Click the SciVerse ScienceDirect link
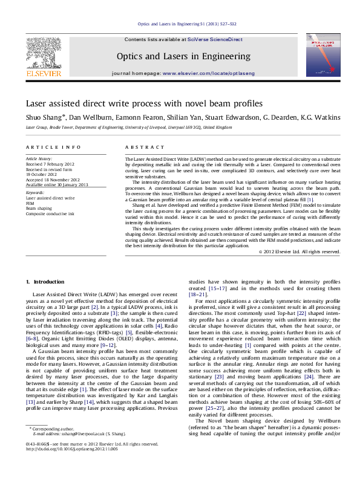[215, 39]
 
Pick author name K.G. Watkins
[319, 117]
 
